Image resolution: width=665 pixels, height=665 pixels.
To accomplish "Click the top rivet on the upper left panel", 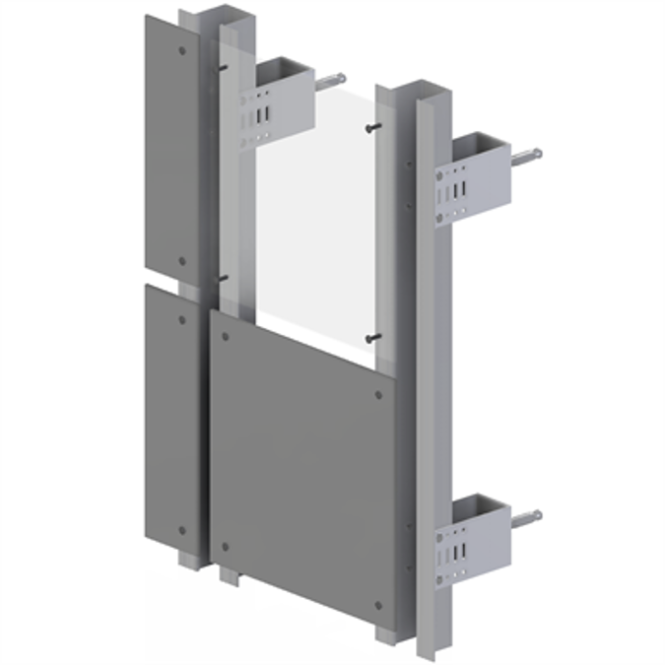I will point(182,51).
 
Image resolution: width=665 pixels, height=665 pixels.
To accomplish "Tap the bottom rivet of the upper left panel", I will point(181,262).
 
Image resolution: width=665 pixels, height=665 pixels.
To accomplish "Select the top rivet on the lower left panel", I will point(181,320).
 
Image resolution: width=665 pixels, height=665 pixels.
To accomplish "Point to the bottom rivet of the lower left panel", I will point(181,531).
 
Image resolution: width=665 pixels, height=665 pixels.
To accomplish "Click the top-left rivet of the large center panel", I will point(226,337).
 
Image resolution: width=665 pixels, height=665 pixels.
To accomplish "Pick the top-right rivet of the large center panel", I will point(379,396).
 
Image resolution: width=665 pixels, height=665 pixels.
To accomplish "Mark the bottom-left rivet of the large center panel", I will point(226,547).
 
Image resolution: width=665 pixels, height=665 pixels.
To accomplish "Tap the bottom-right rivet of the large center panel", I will point(379,605).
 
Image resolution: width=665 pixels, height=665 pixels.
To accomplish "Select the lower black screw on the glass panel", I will point(370,338).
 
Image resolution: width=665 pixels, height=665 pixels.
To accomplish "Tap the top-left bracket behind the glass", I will point(281,99).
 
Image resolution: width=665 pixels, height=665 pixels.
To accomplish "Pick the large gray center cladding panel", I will point(300,463).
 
